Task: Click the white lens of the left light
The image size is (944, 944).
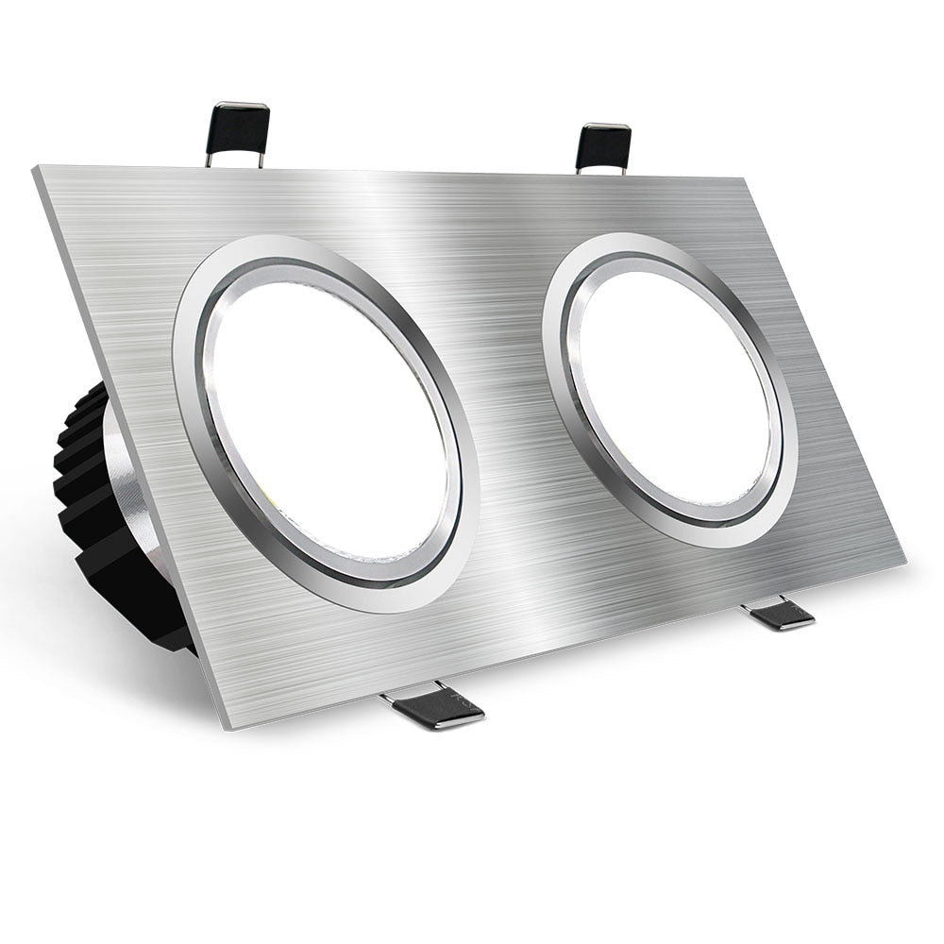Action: click(326, 421)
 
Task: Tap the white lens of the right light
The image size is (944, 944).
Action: click(672, 387)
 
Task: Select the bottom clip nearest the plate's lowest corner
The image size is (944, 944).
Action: click(434, 710)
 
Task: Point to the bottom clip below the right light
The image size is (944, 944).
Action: click(780, 615)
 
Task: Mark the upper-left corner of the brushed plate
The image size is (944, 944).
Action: click(38, 170)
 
